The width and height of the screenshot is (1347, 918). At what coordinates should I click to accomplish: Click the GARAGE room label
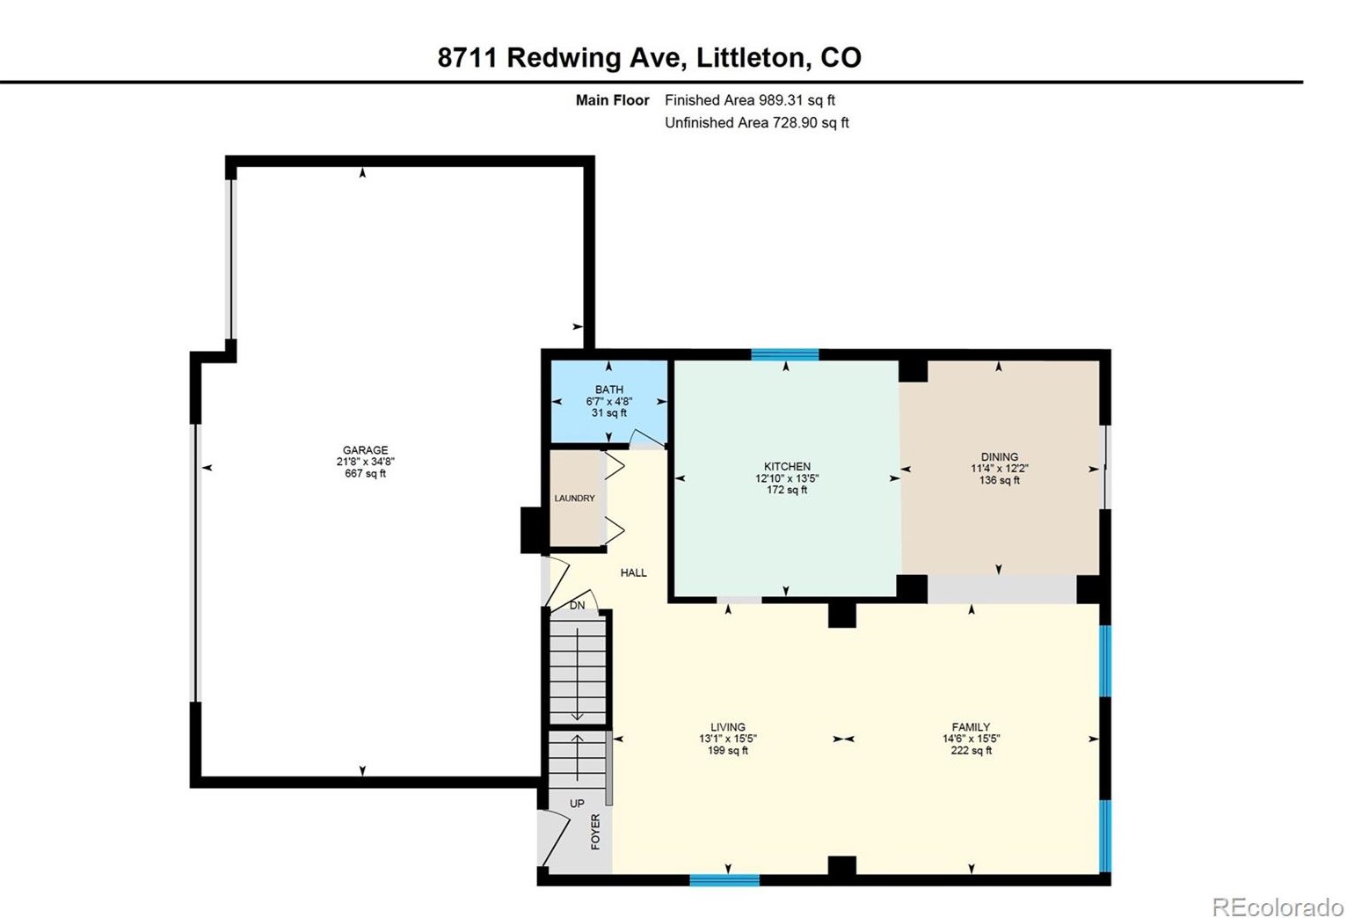(x=365, y=450)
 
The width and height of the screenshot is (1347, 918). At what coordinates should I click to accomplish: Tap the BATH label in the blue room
(x=608, y=390)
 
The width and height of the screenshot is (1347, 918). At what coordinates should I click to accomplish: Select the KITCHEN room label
(x=787, y=467)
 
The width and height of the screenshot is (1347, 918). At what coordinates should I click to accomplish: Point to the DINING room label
(x=1000, y=457)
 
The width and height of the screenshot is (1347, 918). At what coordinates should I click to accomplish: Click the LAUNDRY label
(x=575, y=499)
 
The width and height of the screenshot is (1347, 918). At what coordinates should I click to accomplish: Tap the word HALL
(x=633, y=572)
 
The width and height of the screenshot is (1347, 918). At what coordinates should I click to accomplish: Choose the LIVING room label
(x=728, y=727)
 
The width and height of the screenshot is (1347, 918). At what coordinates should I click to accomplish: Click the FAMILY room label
(x=971, y=727)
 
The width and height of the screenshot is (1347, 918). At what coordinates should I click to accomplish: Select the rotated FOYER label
(x=595, y=832)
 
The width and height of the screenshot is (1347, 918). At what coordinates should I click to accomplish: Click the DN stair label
(x=577, y=606)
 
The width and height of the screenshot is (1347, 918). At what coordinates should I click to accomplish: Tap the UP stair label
(x=577, y=804)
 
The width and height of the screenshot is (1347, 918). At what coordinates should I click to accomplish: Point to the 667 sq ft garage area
(x=365, y=474)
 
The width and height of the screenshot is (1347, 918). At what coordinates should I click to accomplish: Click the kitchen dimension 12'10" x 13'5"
(x=787, y=479)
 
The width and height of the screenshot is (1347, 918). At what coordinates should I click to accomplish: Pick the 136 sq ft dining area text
(x=1000, y=481)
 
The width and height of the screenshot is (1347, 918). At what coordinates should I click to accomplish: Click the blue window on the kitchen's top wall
(x=785, y=355)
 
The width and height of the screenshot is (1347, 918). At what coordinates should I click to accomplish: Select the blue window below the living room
(x=724, y=879)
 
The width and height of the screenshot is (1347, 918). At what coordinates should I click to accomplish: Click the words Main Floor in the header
(x=612, y=100)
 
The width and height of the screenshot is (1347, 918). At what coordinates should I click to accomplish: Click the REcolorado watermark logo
(x=1278, y=907)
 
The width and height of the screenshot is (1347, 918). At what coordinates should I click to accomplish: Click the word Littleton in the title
(x=750, y=58)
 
